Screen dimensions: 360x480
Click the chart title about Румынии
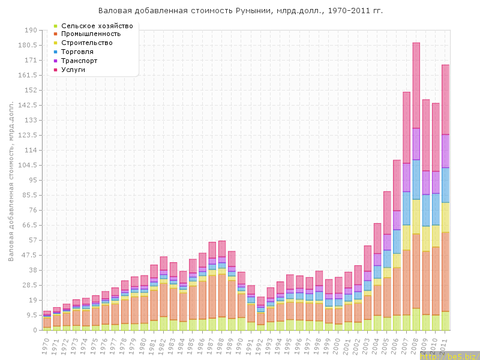tap(240, 11)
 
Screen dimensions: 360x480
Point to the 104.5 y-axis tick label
tap(28, 165)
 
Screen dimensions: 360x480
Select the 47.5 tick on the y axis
tap(30, 255)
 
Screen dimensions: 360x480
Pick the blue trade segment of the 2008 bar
tap(416, 179)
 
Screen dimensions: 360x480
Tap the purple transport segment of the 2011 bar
tap(445, 151)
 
